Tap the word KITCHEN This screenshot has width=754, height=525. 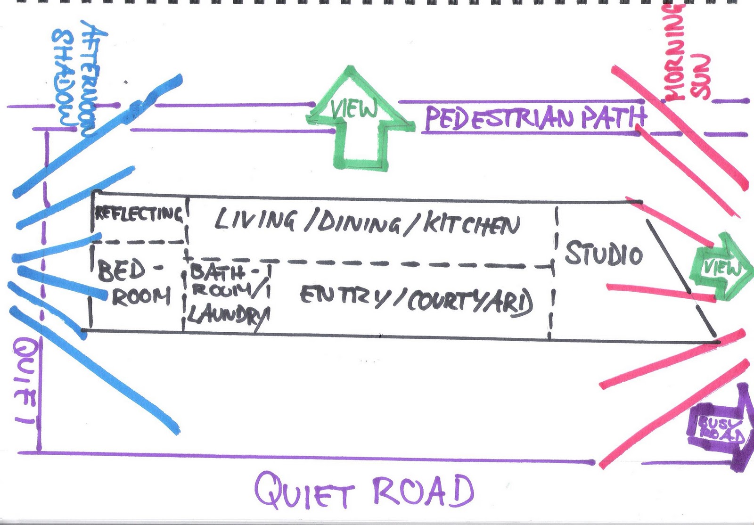[x=471, y=225]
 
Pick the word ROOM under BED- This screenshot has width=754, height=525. [x=140, y=297]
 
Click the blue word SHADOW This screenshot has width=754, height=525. [x=64, y=78]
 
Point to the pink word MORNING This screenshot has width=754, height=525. [x=674, y=52]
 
